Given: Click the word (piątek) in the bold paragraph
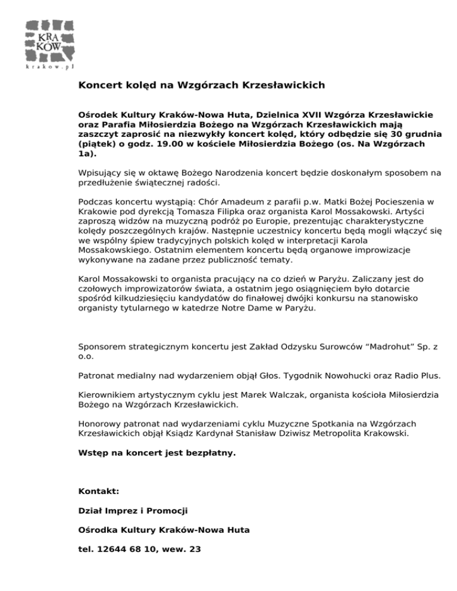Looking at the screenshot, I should (95, 143).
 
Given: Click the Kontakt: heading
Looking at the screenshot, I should (99, 492).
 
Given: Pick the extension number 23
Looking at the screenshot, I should (193, 549).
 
